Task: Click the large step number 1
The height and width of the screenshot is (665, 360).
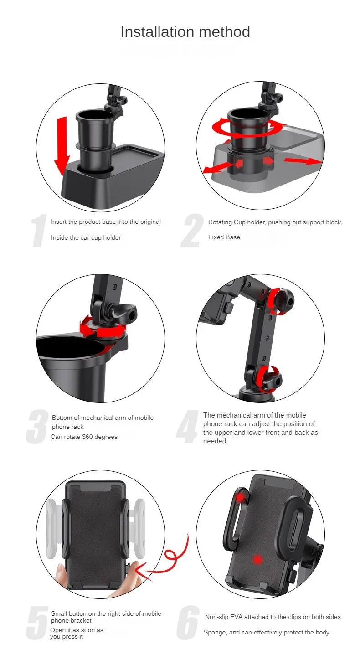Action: pos(39,230)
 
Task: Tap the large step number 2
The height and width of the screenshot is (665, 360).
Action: pos(192,230)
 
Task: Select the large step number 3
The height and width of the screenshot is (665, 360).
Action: pos(37,427)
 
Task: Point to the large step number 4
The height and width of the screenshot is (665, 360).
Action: pos(187,427)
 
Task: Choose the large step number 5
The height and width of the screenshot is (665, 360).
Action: pos(37,623)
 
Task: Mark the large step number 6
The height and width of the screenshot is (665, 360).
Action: pos(188,623)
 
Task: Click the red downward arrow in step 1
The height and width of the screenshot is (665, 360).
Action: pos(62,145)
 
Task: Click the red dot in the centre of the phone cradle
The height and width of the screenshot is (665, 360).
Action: pos(258,560)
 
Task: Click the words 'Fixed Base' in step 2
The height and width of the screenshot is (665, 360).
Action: pos(224,237)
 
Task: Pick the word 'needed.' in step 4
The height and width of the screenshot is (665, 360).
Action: pos(216,441)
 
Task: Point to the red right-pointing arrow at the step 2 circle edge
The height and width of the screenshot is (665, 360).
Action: pos(303,161)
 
